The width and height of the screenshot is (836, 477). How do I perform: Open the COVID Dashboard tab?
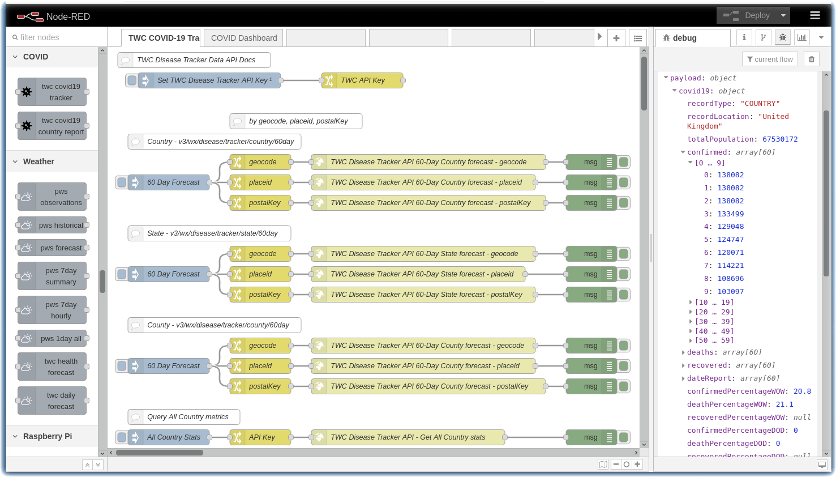coord(244,38)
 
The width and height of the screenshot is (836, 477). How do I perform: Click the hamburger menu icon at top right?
coord(814,15)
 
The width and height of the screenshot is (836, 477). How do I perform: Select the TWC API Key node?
coord(362,80)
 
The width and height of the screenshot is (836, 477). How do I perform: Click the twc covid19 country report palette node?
coord(52,126)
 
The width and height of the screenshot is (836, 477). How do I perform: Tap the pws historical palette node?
coord(52,225)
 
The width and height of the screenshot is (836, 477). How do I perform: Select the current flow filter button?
coord(770,59)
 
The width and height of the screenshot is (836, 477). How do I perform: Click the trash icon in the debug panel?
coord(811,59)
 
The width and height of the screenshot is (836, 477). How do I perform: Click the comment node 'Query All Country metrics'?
coord(184,417)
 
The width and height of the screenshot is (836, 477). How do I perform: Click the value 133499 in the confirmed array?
coord(730,214)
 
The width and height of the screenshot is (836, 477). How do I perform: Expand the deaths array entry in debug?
coord(683,352)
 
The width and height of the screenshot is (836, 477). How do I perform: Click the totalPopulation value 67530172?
coord(779,139)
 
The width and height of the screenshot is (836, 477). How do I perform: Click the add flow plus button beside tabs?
coord(616,38)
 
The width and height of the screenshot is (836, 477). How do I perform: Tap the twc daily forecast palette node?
coord(52,401)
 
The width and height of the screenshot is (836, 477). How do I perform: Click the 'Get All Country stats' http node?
coord(408,437)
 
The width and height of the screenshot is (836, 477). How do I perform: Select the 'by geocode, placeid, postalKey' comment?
coord(296,121)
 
